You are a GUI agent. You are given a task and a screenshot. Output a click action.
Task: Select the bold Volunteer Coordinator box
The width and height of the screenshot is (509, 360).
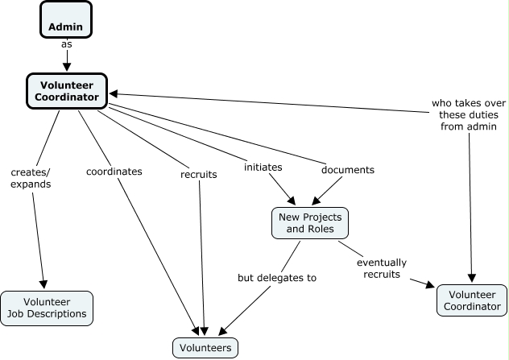click(x=68, y=90)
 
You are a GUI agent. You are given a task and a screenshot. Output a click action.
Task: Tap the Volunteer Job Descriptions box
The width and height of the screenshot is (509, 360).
click(x=47, y=308)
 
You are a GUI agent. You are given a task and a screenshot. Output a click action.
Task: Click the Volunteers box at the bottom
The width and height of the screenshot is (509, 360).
click(x=205, y=347)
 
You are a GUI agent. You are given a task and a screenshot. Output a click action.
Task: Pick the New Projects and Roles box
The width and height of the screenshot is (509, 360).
click(x=310, y=223)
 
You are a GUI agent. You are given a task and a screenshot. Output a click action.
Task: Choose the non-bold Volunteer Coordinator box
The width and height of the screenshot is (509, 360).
click(x=473, y=300)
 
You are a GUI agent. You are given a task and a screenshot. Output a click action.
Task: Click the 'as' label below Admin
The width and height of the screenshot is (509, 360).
click(x=66, y=44)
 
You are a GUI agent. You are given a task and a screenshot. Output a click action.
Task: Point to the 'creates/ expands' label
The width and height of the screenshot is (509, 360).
click(x=31, y=177)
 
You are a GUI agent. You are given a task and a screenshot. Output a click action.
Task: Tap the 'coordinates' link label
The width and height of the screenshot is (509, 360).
click(x=114, y=172)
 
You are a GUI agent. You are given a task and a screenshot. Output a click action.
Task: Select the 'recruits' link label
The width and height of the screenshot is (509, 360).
click(x=198, y=173)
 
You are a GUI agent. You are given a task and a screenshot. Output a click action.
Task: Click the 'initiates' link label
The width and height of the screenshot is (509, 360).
click(x=263, y=167)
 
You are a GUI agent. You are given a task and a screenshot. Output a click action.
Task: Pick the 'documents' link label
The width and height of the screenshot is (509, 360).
click(x=348, y=170)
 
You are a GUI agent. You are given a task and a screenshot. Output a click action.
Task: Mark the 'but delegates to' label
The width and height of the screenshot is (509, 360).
click(x=276, y=278)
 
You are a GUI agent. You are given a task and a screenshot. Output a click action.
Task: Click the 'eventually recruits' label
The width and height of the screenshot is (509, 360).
click(x=382, y=268)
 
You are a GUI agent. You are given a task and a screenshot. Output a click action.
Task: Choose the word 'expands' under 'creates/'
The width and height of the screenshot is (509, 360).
click(x=31, y=184)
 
